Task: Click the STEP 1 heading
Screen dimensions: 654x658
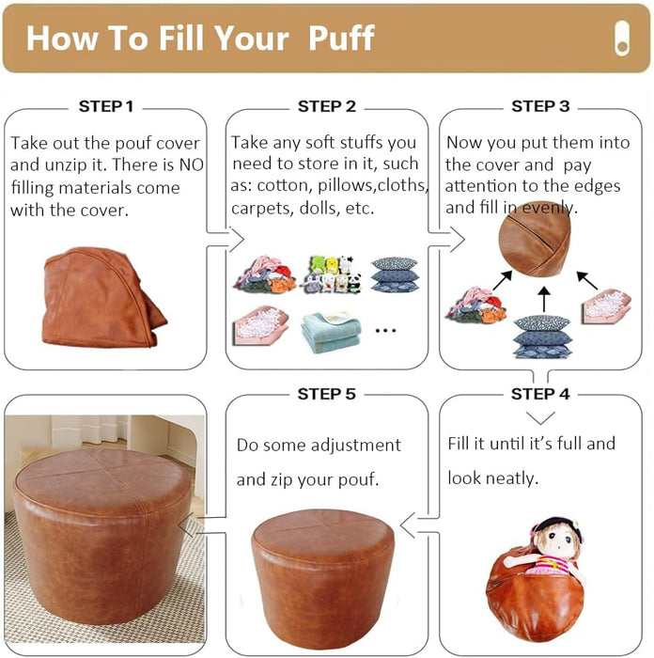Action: (106, 106)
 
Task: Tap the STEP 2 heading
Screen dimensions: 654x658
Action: (327, 106)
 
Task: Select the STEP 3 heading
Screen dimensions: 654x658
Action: (540, 106)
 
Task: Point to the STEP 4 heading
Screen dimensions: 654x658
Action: (540, 394)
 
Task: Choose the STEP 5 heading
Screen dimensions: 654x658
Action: (326, 394)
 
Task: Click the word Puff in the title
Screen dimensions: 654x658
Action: (341, 38)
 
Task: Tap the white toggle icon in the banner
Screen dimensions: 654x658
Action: (622, 39)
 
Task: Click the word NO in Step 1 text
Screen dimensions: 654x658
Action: (191, 164)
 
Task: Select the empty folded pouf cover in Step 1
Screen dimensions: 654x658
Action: (104, 297)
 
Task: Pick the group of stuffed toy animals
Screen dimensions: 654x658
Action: (332, 274)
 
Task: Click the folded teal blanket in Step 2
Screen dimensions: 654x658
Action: (331, 333)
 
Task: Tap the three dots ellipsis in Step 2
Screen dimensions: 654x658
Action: (385, 331)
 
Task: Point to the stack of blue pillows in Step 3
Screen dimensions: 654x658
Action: (542, 337)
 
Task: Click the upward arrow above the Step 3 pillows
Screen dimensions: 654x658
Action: (544, 300)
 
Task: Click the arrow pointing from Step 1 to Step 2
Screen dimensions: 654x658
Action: (226, 239)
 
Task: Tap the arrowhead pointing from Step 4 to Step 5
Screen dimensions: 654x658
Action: (408, 525)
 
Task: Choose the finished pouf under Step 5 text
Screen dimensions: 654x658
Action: (323, 579)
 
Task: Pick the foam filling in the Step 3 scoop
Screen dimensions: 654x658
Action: (605, 304)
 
